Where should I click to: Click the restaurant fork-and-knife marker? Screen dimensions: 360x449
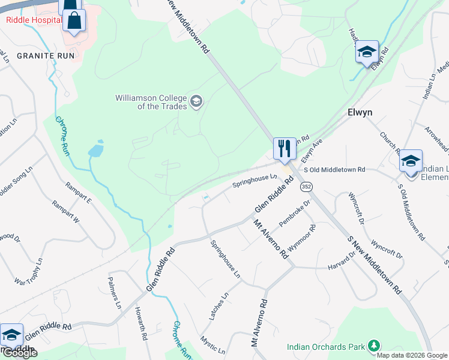coord(284,148)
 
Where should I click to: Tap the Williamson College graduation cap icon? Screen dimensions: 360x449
coord(196,101)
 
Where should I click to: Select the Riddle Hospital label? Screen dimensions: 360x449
coord(33,20)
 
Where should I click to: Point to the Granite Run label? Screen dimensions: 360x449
coord(45,55)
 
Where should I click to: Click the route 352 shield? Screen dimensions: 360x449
coord(306,187)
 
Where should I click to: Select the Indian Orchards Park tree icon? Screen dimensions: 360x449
coord(374,346)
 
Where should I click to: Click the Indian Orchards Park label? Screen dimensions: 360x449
coord(326,347)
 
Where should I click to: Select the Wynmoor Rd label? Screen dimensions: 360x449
coord(302,238)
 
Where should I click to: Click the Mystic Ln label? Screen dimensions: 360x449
coord(213,344)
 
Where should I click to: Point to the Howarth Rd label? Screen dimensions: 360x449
coord(141,325)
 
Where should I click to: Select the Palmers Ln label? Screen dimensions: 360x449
coord(115,292)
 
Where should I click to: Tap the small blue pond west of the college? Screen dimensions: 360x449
coord(96,150)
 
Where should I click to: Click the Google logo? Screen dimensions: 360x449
coord(20,353)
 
